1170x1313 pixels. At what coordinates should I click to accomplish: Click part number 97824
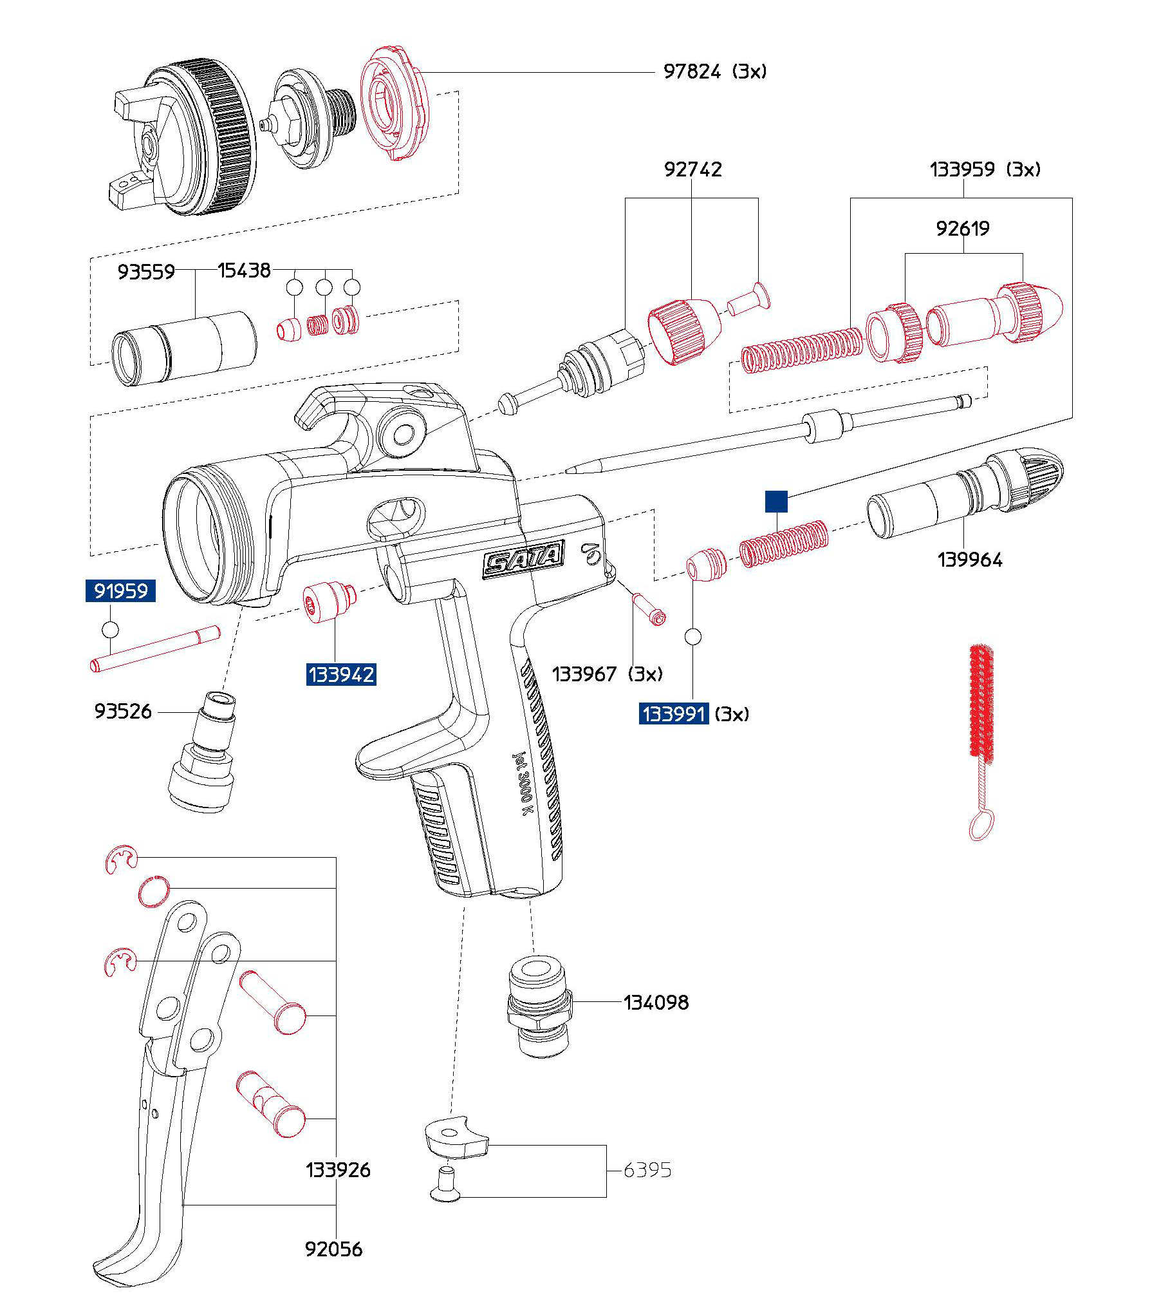coord(692,71)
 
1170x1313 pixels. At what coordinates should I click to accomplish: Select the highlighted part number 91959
coord(120,590)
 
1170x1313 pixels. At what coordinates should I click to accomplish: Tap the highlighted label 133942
coord(340,675)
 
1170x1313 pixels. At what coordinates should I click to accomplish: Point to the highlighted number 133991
coord(674,714)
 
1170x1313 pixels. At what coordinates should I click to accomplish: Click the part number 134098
coord(656,1002)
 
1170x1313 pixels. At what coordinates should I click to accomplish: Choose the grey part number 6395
coord(647,1170)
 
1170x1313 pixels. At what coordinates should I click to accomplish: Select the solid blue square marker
coord(776,502)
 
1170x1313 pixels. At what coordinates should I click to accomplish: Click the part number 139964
coord(970,560)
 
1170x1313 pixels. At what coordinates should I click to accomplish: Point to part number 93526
coord(123,712)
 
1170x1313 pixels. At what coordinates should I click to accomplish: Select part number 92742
coord(692,170)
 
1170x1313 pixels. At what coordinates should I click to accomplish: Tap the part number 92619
coord(963,229)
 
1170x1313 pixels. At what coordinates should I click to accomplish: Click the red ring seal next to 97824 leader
coord(393,103)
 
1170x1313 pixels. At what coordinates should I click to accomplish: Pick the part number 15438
coord(244,270)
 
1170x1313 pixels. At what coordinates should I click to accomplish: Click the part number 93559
coord(146,272)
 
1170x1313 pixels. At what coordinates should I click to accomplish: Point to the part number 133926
coord(338,1170)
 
